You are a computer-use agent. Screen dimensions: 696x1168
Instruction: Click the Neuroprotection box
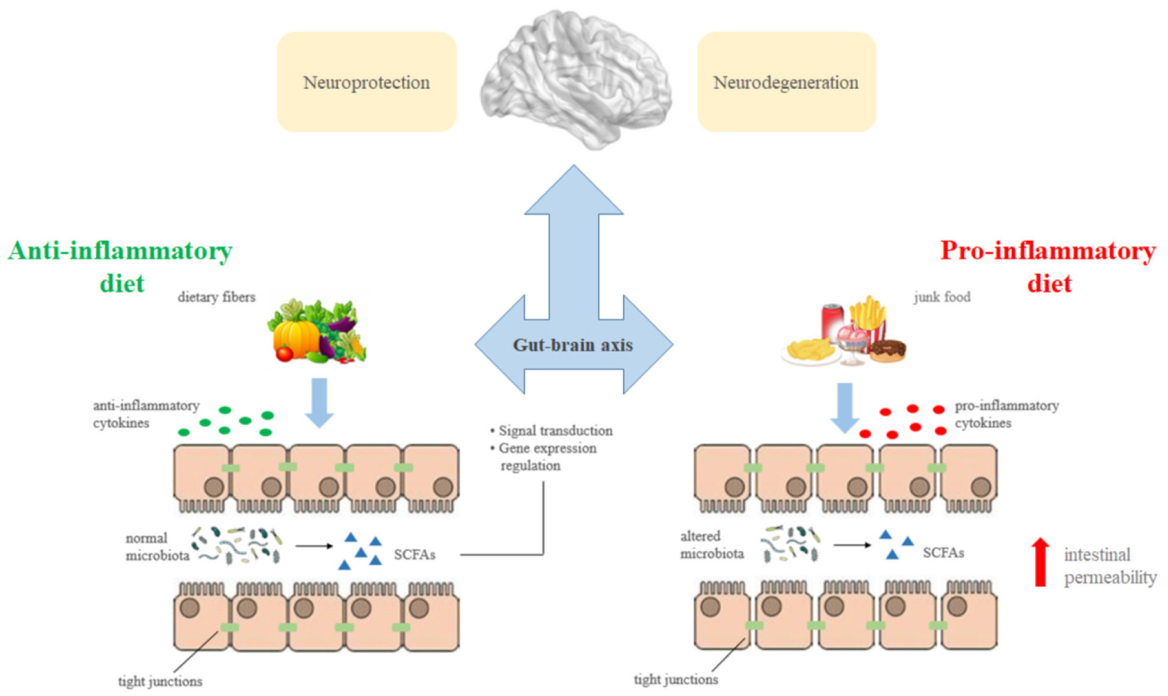[366, 82]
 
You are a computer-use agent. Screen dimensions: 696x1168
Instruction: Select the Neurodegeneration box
[786, 82]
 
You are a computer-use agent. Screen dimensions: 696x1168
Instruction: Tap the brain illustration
[575, 80]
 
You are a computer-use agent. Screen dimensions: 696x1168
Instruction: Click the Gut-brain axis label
[572, 344]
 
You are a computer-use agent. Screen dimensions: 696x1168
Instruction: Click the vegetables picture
[317, 331]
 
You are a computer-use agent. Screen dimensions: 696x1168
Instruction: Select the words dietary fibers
[216, 297]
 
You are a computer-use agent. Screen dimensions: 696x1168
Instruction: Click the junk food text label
[942, 297]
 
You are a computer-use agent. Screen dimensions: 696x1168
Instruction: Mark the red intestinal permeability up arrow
[1040, 562]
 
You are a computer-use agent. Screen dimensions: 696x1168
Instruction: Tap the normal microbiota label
[157, 547]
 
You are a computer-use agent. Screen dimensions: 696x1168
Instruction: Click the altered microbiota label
[711, 545]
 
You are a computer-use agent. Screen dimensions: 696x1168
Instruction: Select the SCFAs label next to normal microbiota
[414, 555]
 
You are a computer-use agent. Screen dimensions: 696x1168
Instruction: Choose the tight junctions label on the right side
[676, 679]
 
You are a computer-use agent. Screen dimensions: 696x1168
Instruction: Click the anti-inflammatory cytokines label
[146, 414]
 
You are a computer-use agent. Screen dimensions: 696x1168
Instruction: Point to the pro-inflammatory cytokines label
[1006, 414]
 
